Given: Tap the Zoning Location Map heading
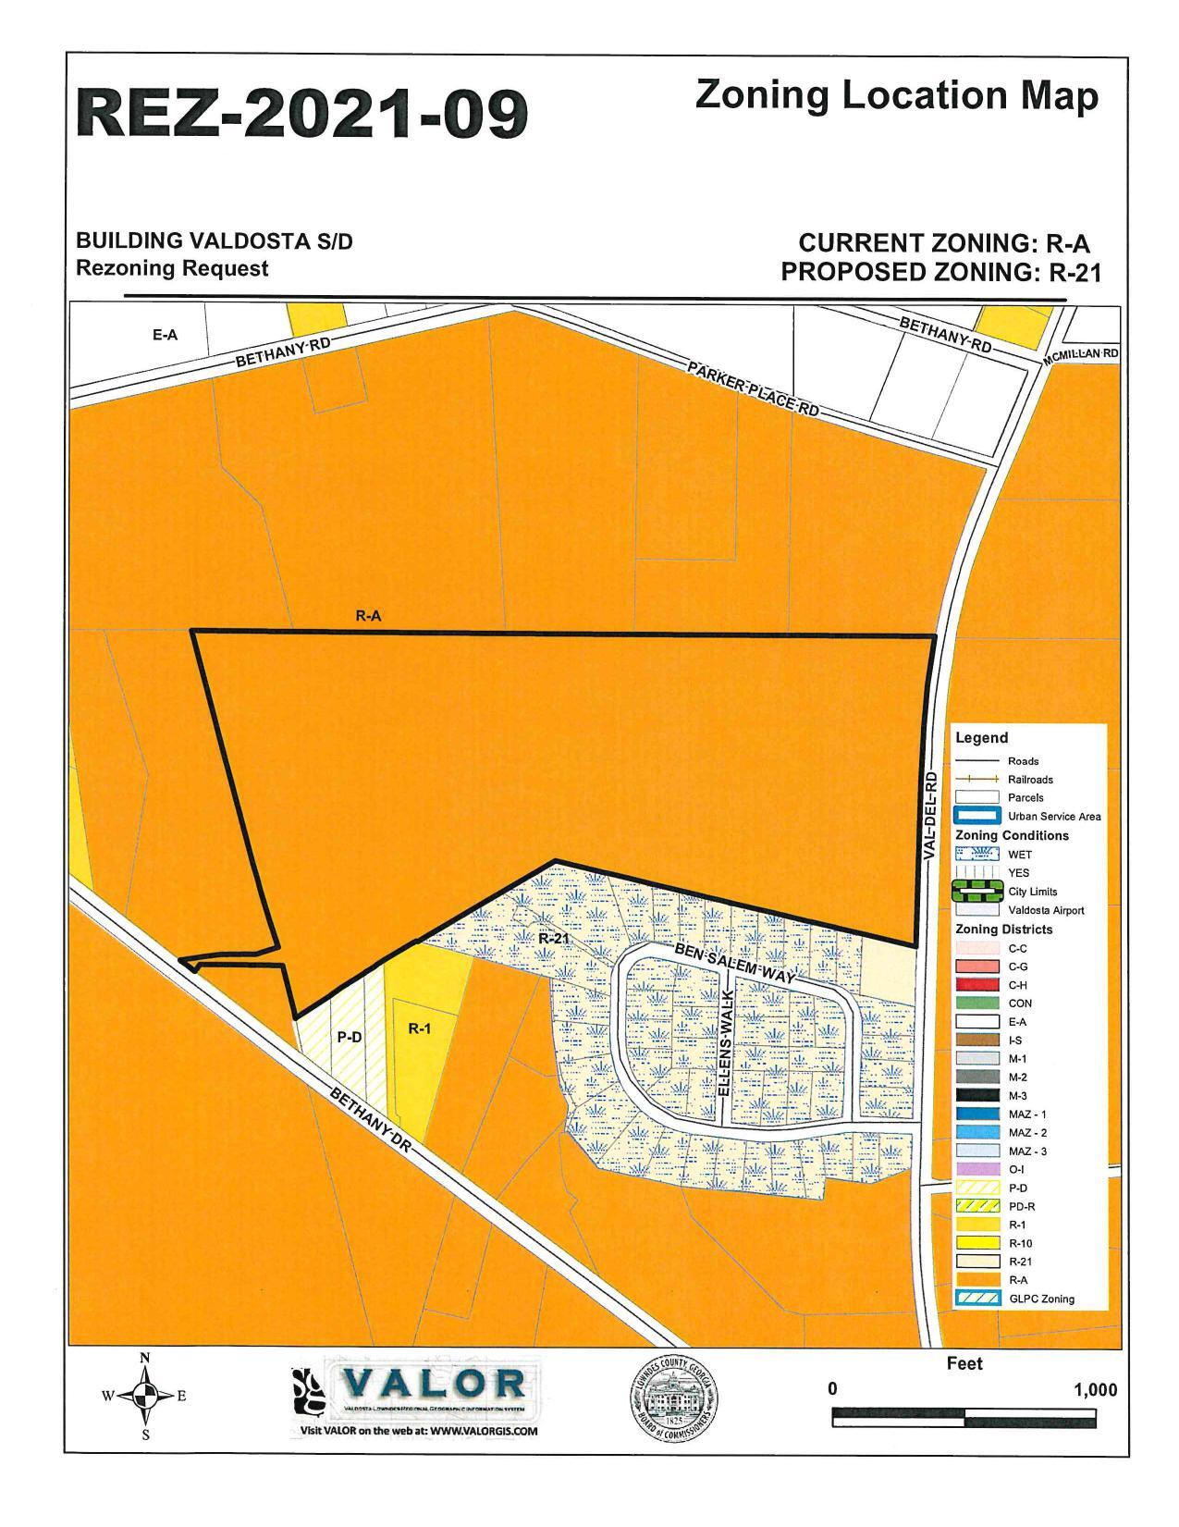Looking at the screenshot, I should pyautogui.click(x=896, y=96).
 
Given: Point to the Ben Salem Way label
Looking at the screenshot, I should pyautogui.click(x=734, y=964).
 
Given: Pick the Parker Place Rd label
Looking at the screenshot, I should pyautogui.click(x=753, y=389).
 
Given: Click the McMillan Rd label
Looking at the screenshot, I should pyautogui.click(x=1081, y=356).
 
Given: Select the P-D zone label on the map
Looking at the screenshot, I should pyautogui.click(x=349, y=1037).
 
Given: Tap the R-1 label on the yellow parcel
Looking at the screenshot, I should pyautogui.click(x=420, y=1028).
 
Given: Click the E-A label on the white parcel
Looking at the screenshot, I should pyautogui.click(x=166, y=335).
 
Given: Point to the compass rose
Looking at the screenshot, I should pyautogui.click(x=144, y=1395).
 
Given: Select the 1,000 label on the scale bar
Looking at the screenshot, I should pyautogui.click(x=1095, y=1390).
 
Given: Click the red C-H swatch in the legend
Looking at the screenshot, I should pyautogui.click(x=976, y=984).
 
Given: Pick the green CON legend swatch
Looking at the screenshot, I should pyautogui.click(x=976, y=1003).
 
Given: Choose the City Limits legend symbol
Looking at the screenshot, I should pyautogui.click(x=976, y=892).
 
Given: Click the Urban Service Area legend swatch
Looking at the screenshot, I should pyautogui.click(x=976, y=816).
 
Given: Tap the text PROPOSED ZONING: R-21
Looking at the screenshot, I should pyautogui.click(x=940, y=272).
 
